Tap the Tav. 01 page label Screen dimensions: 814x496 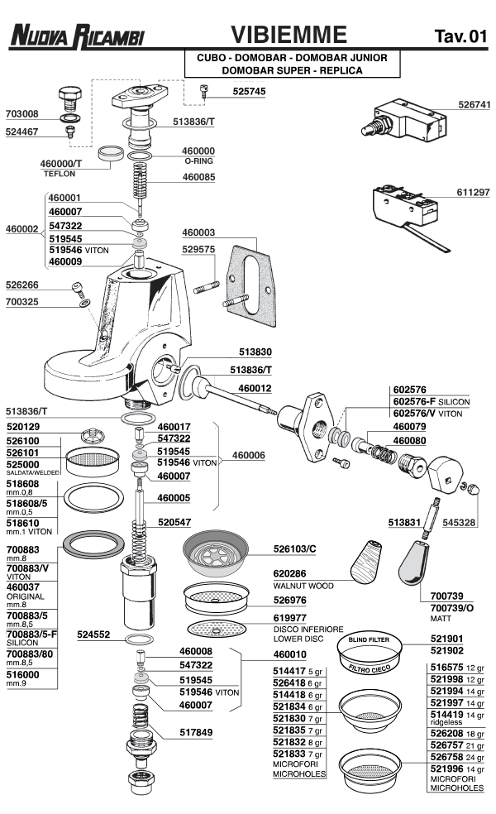[x=460, y=36]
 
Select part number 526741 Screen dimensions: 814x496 [x=474, y=105]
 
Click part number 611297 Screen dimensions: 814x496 [x=474, y=191]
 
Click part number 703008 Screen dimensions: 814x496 [x=22, y=114]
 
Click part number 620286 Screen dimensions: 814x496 [x=289, y=574]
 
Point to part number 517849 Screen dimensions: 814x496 [x=197, y=733]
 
